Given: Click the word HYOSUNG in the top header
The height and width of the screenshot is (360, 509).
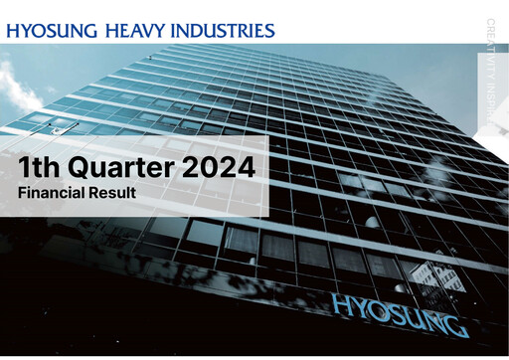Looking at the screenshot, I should point(51,30).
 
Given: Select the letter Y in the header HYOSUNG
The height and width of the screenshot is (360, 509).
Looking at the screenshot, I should point(28,30).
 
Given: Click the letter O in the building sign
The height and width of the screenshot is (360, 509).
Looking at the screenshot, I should point(376,309).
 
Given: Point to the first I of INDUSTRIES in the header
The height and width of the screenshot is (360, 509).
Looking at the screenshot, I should point(176,30).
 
